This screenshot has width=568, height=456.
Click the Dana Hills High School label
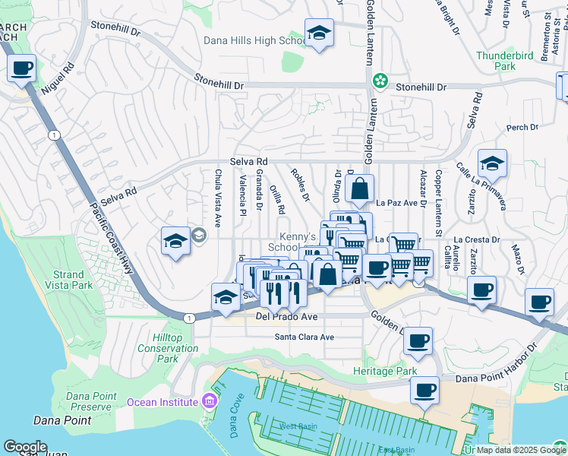pos(254,41)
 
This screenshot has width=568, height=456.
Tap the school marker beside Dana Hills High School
pos(320,33)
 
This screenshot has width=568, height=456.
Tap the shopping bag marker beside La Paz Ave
pos(360,188)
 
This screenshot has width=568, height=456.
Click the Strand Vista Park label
pos(73,280)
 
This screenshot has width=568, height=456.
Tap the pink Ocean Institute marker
pos(208,401)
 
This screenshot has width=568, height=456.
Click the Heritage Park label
pos(385,371)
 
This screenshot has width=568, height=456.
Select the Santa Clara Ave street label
pos(305,337)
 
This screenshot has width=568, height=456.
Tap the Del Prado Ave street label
pos(286,315)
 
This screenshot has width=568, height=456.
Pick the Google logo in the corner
pos(25,446)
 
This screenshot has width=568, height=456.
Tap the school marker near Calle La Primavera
pos(492,163)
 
